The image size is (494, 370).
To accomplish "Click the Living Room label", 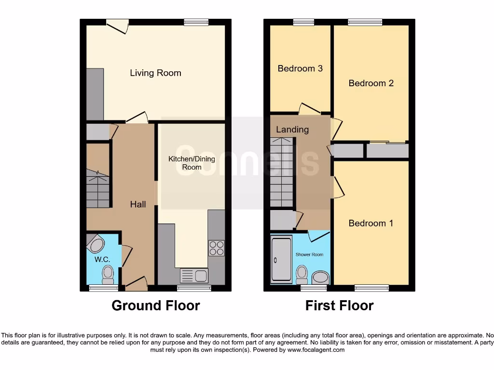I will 155,73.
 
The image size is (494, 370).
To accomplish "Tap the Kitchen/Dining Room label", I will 192,163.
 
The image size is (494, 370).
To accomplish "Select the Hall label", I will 138,204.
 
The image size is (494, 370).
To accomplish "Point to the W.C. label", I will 102,260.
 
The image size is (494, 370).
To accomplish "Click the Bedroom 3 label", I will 300,68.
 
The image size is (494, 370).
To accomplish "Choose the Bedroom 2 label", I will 371,83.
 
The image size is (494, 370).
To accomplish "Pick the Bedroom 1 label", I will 371,223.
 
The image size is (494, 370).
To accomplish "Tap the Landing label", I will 292,130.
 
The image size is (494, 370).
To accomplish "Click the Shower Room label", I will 310,254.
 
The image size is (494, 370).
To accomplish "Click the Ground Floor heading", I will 156,305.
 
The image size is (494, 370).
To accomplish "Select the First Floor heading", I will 340,305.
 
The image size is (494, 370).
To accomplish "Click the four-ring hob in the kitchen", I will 216,248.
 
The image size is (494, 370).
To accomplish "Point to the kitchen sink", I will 193,276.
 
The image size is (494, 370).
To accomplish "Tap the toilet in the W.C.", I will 108,275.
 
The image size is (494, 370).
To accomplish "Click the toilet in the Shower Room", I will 302,275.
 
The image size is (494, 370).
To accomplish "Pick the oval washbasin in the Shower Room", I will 320,277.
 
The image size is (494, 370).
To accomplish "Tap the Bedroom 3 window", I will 303,22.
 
